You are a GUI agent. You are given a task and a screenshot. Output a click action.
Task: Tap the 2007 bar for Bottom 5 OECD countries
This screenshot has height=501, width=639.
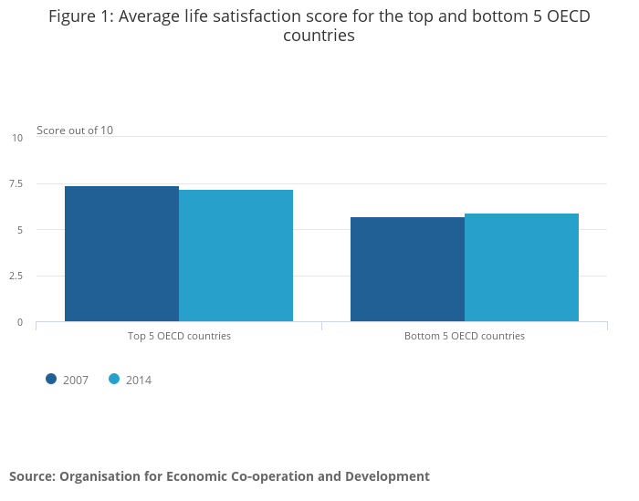pos(407,269)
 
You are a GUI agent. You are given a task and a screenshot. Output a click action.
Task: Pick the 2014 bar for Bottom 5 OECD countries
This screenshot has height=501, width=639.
pos(521,267)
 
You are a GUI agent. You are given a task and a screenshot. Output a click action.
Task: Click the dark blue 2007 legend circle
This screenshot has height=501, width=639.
pos(51,380)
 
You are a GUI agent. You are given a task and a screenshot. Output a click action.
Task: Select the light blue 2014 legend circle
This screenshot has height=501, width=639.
pos(114,380)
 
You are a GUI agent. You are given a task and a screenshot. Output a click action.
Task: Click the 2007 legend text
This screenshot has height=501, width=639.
pos(76,381)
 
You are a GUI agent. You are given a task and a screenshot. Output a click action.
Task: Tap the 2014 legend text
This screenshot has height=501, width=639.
pos(139,381)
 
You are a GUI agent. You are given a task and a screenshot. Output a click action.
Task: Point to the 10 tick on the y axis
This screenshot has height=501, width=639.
pos(17,138)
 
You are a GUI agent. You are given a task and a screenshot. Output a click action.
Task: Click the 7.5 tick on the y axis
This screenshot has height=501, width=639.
pos(16,183)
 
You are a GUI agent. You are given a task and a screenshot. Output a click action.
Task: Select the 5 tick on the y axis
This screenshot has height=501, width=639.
pos(19,230)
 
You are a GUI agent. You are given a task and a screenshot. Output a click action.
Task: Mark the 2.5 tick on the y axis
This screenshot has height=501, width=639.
pos(16,276)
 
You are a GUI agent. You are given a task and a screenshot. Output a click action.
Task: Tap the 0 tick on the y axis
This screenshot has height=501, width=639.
pos(19,322)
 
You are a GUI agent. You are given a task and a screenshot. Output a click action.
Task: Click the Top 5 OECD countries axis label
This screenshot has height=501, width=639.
pos(179,336)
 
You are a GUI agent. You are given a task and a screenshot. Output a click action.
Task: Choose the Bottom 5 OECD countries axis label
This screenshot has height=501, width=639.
pos(465,336)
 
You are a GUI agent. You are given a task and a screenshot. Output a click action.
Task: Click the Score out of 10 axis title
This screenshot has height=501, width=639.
pos(75,130)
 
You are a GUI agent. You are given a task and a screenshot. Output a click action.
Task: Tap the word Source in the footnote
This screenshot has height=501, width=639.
pos(31,476)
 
